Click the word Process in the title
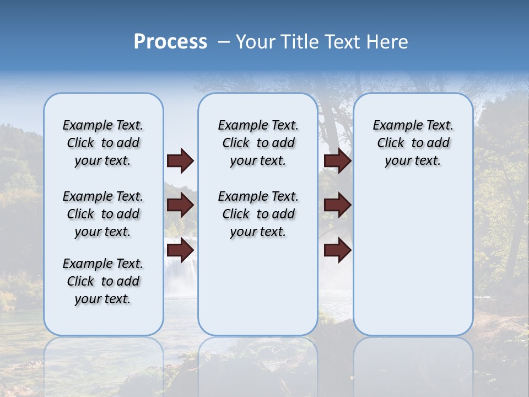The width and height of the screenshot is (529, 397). (x=170, y=42)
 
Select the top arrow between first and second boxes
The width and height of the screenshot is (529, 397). (x=180, y=161)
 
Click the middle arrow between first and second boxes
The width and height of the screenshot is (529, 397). (x=180, y=206)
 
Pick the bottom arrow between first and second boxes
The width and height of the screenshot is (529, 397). (x=180, y=250)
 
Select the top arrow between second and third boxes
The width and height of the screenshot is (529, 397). (x=338, y=161)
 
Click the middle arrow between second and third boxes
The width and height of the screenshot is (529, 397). (x=338, y=206)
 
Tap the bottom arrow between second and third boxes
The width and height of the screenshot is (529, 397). (x=338, y=250)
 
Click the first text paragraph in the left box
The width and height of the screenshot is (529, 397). (x=103, y=143)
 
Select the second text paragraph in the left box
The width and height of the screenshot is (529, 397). (x=103, y=214)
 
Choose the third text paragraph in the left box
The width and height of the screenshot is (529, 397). (x=103, y=281)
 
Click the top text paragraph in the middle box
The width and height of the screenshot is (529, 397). (x=258, y=143)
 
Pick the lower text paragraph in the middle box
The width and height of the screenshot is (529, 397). (x=258, y=214)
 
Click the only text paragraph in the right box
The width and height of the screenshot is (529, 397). (x=413, y=143)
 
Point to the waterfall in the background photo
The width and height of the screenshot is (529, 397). (x=181, y=270)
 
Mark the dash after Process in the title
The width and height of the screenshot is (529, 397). (x=224, y=42)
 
